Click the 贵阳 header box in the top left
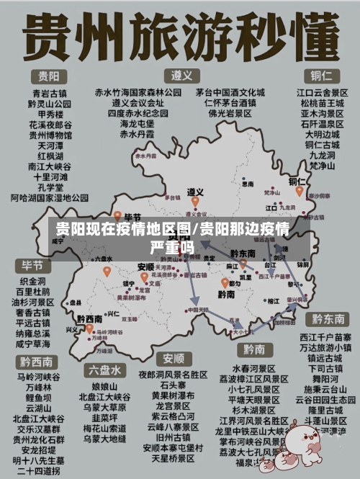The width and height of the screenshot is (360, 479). [x=49, y=76]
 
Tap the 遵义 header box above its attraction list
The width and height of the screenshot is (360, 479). [x=181, y=75]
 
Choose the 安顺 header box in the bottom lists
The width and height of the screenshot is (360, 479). [x=173, y=358]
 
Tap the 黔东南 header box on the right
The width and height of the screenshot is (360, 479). [x=328, y=318]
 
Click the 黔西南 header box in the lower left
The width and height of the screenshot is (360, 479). [x=35, y=361]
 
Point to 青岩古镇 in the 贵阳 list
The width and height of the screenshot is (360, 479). [x=49, y=93]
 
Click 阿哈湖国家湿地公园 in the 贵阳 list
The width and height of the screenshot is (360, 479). [x=49, y=197]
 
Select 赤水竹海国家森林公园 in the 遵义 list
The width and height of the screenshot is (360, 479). [x=138, y=92]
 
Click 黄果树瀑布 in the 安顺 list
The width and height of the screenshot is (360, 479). [x=173, y=395]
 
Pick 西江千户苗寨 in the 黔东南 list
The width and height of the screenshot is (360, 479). [x=325, y=337]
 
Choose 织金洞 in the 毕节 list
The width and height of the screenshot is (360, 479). [x=32, y=281]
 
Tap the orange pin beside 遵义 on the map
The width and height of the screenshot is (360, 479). [x=194, y=202]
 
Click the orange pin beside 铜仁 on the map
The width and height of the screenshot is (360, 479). [x=298, y=192]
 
